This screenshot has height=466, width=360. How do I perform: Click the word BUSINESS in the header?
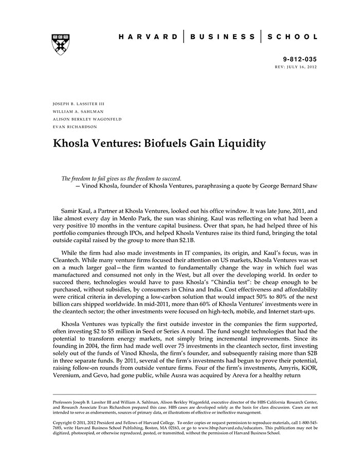coord(222,37)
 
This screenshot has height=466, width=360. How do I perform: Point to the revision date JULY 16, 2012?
coord(304,67)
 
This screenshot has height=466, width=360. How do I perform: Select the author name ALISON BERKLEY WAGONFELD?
coord(87,119)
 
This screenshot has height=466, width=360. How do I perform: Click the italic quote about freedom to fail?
coord(121,178)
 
